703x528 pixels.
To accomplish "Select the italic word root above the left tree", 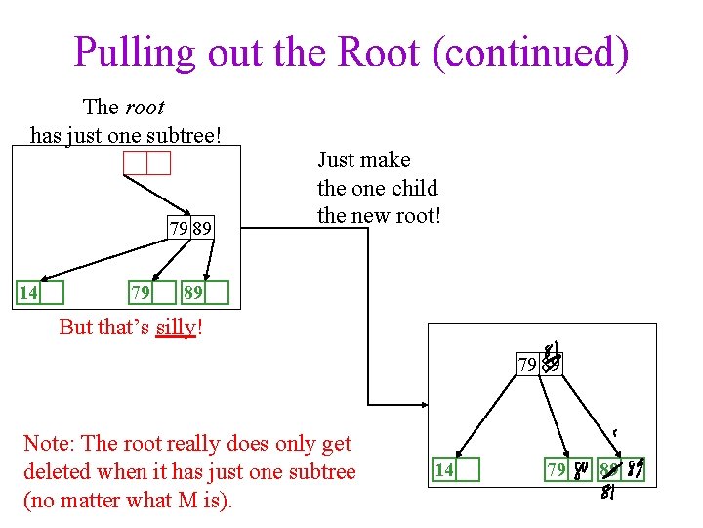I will [144, 107].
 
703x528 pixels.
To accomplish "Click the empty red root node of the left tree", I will [146, 162].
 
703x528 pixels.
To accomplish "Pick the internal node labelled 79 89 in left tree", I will [189, 229].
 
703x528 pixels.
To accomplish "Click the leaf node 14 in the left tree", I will [40, 293].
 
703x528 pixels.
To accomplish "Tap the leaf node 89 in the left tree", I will [205, 293].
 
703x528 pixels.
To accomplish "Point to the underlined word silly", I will [176, 328].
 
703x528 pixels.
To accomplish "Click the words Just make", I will [363, 159].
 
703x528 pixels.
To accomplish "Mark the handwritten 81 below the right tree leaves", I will [608, 493].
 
